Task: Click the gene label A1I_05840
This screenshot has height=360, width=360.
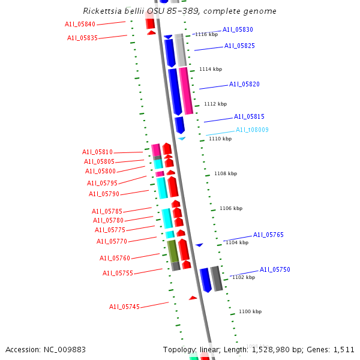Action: (x=80, y=24)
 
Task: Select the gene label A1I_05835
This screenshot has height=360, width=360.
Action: (x=82, y=38)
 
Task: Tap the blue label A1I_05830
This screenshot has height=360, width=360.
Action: (x=238, y=29)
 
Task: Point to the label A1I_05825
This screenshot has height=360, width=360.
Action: (x=239, y=46)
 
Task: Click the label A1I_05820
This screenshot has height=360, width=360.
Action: (x=244, y=85)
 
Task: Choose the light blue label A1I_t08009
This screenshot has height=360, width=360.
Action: (x=252, y=130)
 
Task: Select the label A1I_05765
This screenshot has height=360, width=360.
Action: (x=268, y=235)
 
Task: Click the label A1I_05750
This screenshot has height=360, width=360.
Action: (x=275, y=269)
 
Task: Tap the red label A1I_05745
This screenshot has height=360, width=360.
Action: (x=124, y=307)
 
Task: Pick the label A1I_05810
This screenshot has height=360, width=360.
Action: (x=97, y=152)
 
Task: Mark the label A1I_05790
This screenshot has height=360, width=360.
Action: (x=104, y=194)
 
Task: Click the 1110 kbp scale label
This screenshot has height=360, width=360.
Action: (x=220, y=139)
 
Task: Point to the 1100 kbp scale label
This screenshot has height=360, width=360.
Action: (x=250, y=311)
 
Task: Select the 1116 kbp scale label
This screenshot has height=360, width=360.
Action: (x=206, y=34)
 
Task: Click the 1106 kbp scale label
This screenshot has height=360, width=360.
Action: (x=231, y=208)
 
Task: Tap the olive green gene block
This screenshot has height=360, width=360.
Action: (x=172, y=251)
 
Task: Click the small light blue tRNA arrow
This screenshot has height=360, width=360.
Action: (x=181, y=139)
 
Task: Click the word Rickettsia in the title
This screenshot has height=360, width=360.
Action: (x=104, y=11)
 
